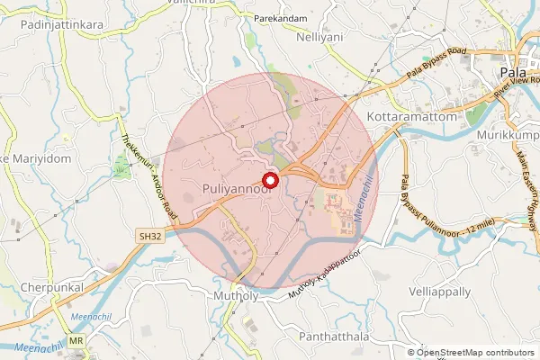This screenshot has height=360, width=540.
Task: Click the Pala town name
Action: coord(510,75)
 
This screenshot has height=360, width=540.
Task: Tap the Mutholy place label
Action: coord(237,295)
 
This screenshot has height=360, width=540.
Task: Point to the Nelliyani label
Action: coord(321,37)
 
